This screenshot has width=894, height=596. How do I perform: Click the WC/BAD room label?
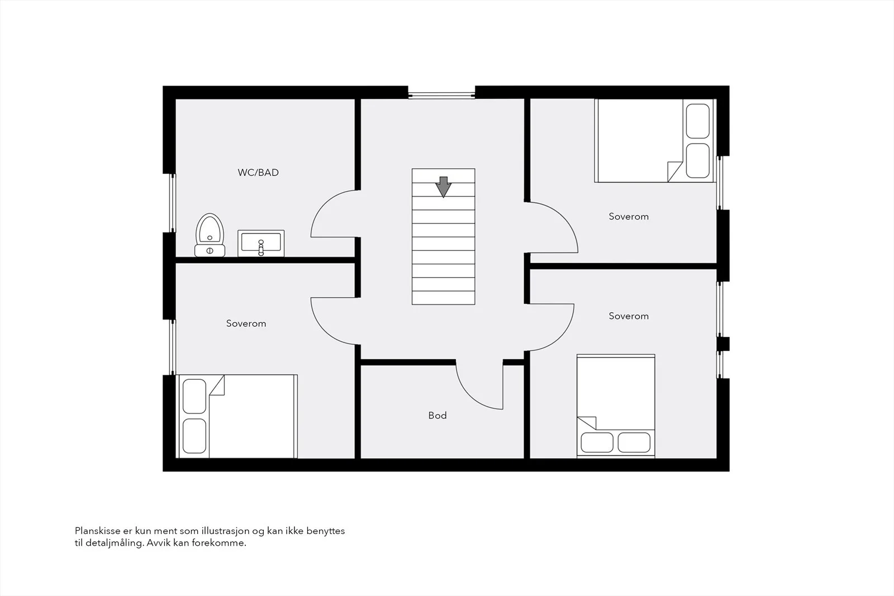pyautogui.click(x=258, y=173)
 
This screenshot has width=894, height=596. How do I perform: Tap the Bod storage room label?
pyautogui.click(x=438, y=415)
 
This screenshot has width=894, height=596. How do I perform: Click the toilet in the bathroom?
pyautogui.click(x=210, y=235)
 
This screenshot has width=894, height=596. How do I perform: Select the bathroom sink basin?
pyautogui.click(x=261, y=243)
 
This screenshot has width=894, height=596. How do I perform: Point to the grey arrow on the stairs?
pyautogui.click(x=443, y=187)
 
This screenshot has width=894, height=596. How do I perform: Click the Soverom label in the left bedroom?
pyautogui.click(x=246, y=323)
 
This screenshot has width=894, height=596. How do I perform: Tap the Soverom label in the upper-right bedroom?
pyautogui.click(x=629, y=217)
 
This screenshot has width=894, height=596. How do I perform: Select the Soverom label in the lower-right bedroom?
pyautogui.click(x=629, y=316)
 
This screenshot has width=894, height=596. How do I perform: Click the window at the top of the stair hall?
pyautogui.click(x=441, y=96)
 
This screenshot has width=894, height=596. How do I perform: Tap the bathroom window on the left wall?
pyautogui.click(x=173, y=203)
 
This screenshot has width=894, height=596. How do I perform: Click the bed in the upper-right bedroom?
pyautogui.click(x=654, y=140)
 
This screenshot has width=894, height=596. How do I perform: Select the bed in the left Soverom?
pyautogui.click(x=237, y=416)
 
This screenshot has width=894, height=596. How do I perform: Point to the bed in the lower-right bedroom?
pyautogui.click(x=616, y=406)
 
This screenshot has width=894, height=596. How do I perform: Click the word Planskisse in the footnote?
pyautogui.click(x=97, y=531)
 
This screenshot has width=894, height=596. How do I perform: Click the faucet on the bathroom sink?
pyautogui.click(x=261, y=247)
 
